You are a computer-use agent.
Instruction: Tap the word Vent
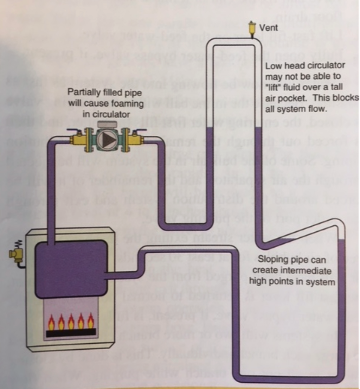(x=268, y=28)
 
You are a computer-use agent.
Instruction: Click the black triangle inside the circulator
(x=109, y=139)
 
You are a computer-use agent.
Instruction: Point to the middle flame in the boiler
(x=71, y=320)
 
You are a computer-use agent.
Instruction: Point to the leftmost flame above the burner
(x=51, y=320)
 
